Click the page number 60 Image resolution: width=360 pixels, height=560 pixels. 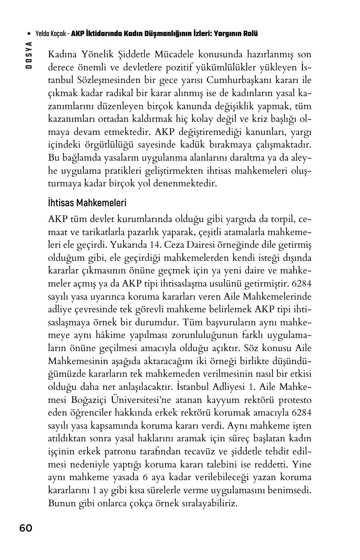(26, 528)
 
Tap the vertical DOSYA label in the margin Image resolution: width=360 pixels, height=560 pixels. (28, 55)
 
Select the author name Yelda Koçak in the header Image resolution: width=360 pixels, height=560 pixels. (51, 34)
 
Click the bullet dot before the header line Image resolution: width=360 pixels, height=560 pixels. (29, 34)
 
